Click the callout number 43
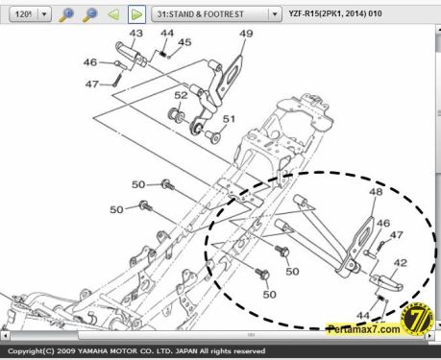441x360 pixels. (135, 34)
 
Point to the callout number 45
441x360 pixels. (184, 42)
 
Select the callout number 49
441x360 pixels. (246, 35)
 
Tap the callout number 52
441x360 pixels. (181, 95)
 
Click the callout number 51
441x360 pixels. (229, 119)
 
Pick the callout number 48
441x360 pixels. (375, 192)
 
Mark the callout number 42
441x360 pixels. (401, 261)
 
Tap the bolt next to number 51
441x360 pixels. (210, 136)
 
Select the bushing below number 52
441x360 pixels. (177, 116)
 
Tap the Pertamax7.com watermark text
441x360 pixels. (362, 327)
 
